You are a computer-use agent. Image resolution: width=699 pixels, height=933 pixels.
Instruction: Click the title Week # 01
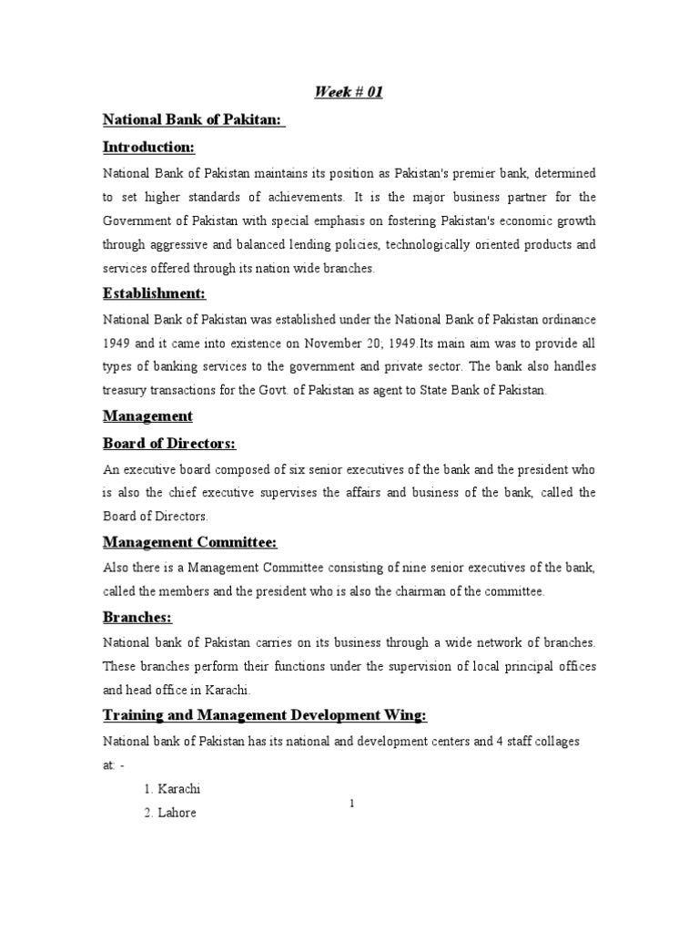point(349,92)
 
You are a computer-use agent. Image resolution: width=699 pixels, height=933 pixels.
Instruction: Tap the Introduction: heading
point(148,147)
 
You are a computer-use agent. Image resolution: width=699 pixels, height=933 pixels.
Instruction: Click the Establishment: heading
point(154,292)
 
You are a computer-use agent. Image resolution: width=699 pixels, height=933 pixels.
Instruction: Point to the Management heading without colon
point(147,415)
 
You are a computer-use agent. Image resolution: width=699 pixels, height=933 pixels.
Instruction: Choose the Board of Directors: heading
point(169,443)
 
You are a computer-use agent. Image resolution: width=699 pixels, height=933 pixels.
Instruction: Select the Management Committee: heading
point(189,542)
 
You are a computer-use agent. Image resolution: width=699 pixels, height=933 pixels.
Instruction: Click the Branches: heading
point(137,617)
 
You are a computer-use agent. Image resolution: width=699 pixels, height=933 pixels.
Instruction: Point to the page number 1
point(350,802)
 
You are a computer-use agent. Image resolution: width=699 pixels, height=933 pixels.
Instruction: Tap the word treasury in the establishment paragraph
point(124,390)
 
